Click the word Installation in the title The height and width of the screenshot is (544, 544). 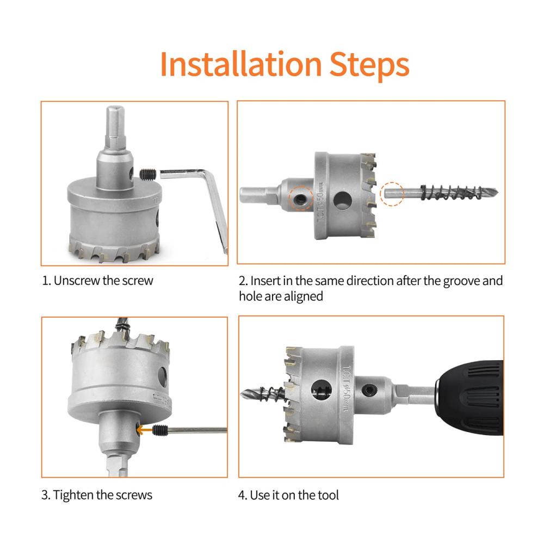(x=241, y=65)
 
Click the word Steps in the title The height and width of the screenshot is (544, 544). (x=369, y=66)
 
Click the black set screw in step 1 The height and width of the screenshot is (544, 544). (x=148, y=174)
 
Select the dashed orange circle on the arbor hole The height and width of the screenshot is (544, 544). (x=301, y=198)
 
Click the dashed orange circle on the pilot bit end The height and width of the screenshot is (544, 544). (x=392, y=194)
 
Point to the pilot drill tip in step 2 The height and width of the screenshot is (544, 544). (x=498, y=192)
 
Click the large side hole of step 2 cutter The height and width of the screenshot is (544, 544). (x=343, y=201)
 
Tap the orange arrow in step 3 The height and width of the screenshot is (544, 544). (x=144, y=430)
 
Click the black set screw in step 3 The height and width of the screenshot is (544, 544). (x=160, y=430)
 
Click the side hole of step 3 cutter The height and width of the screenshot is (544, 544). (x=162, y=376)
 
